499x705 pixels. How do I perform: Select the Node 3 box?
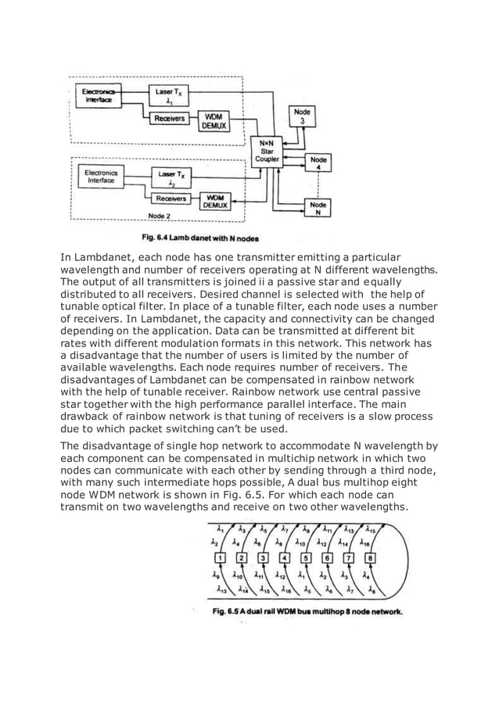pyautogui.click(x=302, y=116)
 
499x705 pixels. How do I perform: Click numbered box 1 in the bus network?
pyautogui.click(x=220, y=557)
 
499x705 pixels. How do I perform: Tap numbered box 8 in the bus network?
pyautogui.click(x=370, y=557)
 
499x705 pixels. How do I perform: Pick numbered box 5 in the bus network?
pyautogui.click(x=306, y=557)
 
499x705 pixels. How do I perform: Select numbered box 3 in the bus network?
pyautogui.click(x=263, y=557)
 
